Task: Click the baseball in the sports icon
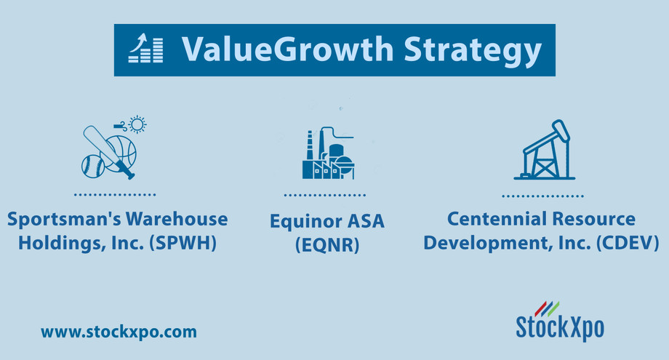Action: (x=92, y=165)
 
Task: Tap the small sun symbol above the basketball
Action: (x=136, y=124)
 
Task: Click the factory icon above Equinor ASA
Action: (x=328, y=153)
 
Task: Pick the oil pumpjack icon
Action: (x=544, y=151)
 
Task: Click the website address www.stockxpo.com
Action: (x=119, y=332)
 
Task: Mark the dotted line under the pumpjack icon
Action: (x=542, y=196)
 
